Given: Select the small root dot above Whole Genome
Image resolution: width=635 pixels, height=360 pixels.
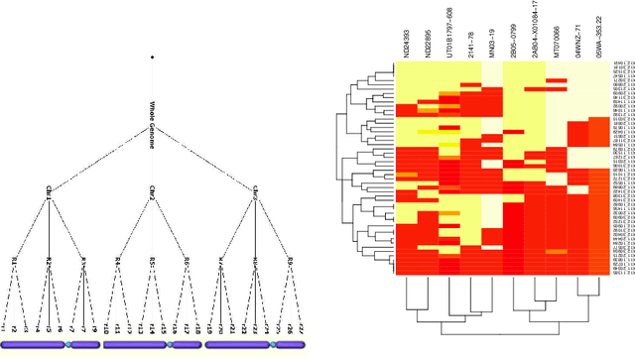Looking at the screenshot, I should click(x=152, y=58).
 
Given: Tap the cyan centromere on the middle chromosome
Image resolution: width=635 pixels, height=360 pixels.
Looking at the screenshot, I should click(x=170, y=344).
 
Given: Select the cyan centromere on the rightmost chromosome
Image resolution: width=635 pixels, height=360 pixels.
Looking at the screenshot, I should click(x=271, y=344).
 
